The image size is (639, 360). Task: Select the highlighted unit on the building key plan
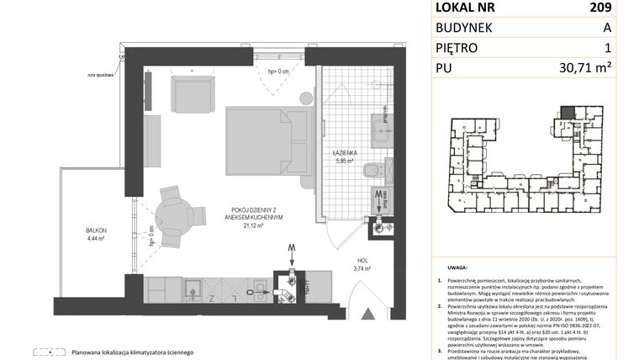click(x=569, y=111)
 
